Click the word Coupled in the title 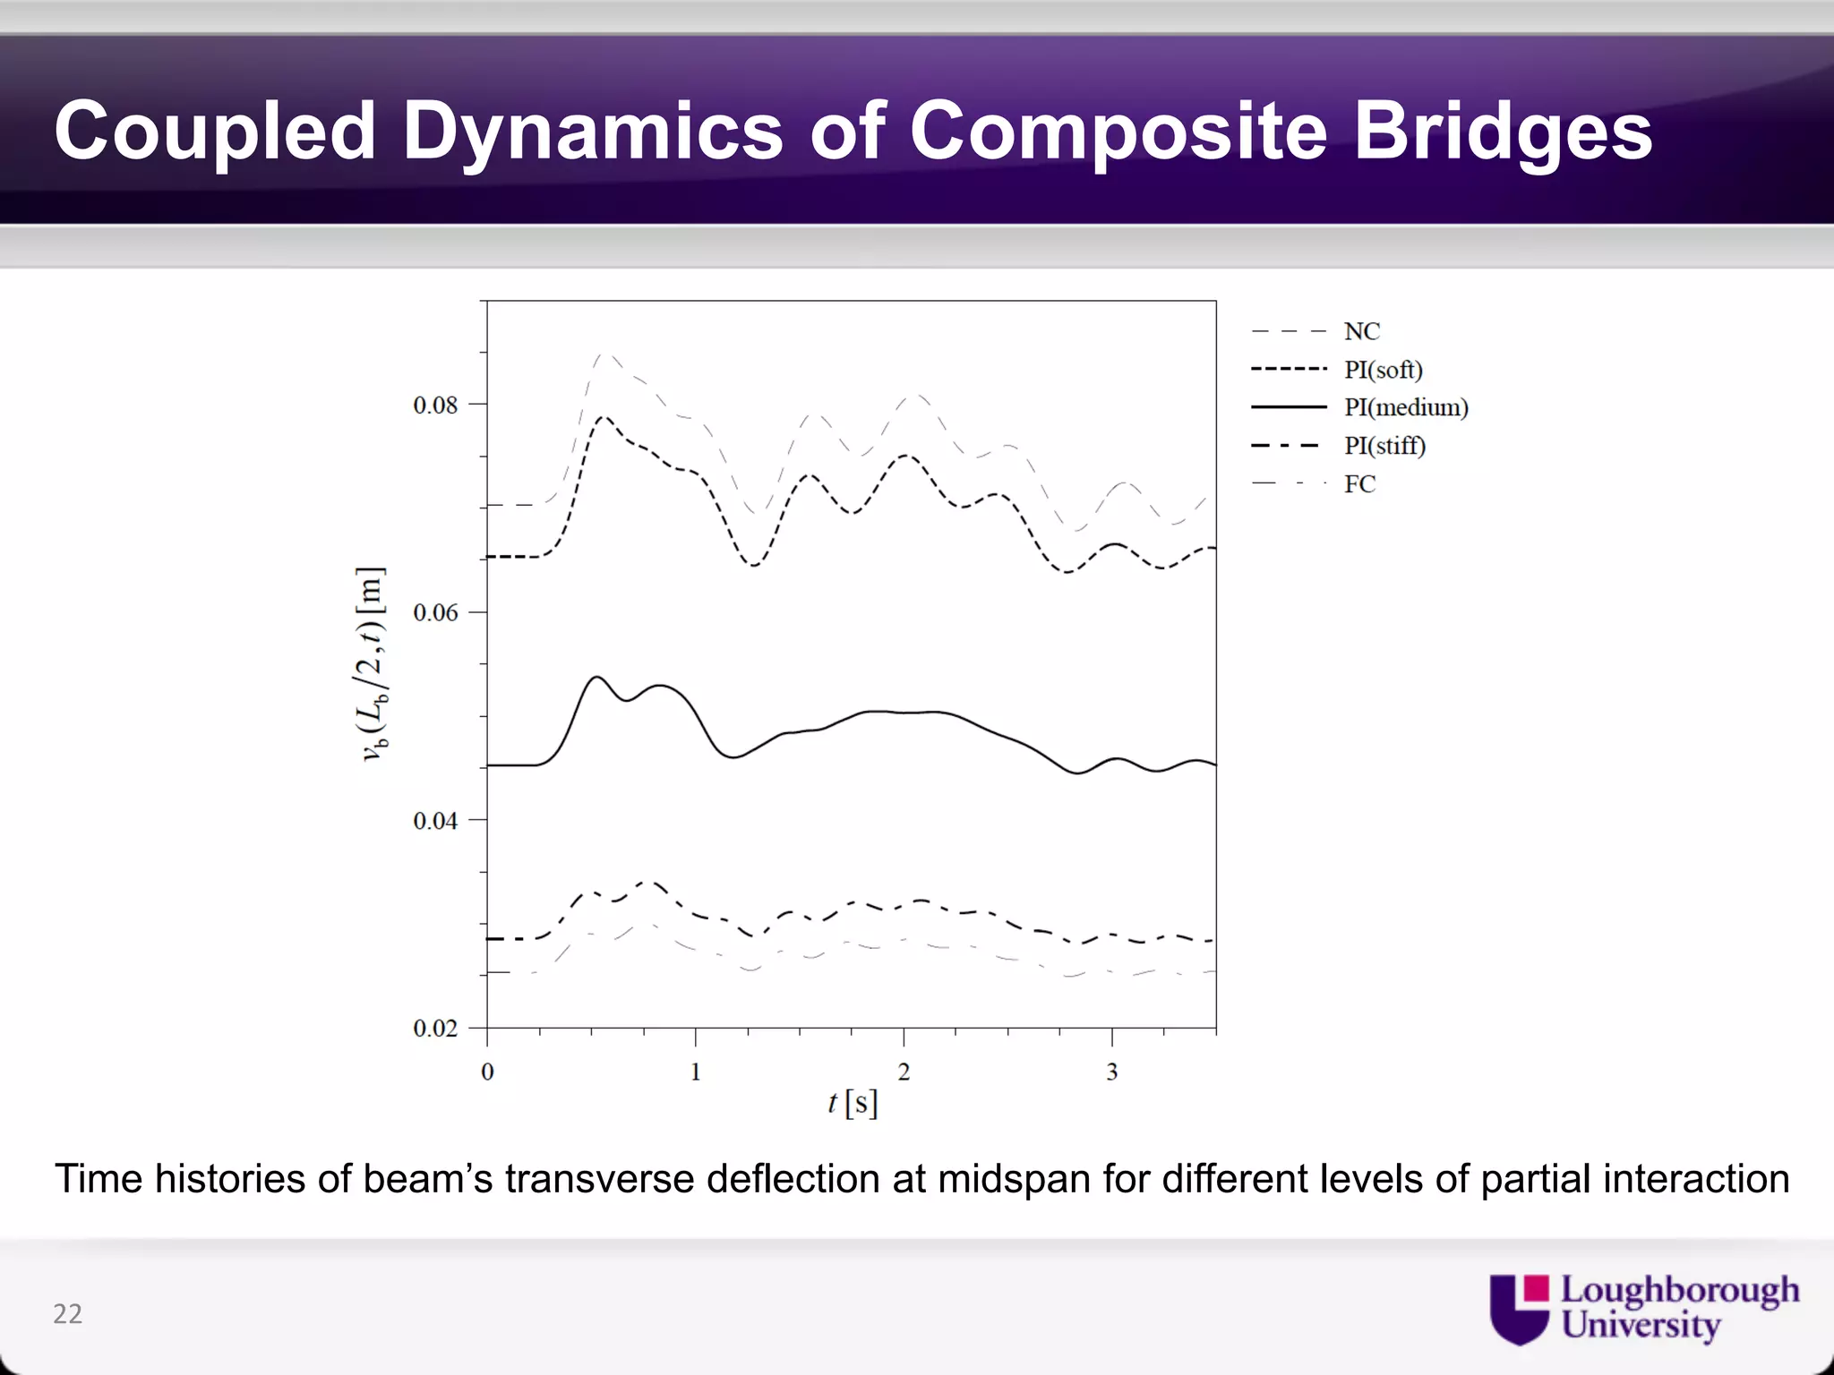215,132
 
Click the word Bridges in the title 1502,132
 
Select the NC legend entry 1361,331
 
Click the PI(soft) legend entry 1383,370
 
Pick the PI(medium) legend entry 1406,407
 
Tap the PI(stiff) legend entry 1384,446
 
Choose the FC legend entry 1359,484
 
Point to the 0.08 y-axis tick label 435,406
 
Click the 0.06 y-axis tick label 435,613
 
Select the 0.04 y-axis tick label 435,821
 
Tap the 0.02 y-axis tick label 435,1029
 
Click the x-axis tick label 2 904,1072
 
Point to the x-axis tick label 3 1111,1072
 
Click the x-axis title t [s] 852,1103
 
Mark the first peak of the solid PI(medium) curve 596,677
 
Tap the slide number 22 67,1313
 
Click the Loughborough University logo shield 1519,1309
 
